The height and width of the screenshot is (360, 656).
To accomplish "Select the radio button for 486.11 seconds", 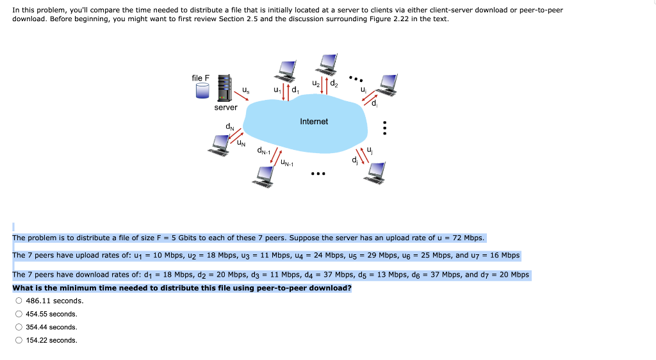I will pos(19,300).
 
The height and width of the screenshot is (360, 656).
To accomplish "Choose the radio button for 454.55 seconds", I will pos(19,314).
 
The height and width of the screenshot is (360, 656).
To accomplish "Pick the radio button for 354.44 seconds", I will pos(19,327).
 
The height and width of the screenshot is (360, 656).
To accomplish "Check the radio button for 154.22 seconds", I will pos(19,340).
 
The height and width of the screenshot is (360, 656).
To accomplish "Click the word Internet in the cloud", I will pos(314,122).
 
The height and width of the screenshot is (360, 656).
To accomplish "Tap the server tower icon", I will pos(224,88).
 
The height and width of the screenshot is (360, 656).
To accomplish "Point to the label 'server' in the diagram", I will pos(225,108).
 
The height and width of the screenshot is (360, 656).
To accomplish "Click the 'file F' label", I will pos(201,78).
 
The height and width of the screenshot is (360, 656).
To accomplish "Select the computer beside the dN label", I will pos(220,145).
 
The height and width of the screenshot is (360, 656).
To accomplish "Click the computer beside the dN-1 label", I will pos(263,176).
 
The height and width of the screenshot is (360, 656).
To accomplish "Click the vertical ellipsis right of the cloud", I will pos(384,129).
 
